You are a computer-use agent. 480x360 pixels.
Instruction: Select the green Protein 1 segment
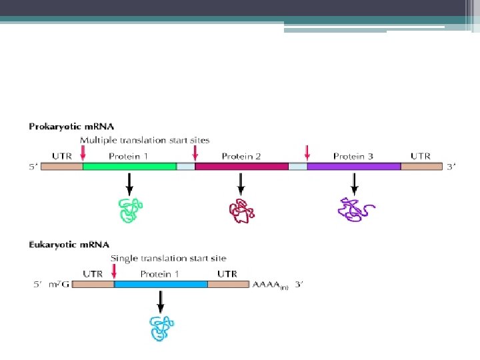[x=129, y=167]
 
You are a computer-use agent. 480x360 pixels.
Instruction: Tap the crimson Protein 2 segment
[x=241, y=167]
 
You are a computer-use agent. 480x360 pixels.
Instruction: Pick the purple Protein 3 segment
[x=353, y=167]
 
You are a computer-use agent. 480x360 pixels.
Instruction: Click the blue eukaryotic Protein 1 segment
[x=161, y=284]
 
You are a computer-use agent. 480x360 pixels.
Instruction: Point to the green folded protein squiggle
[x=130, y=210]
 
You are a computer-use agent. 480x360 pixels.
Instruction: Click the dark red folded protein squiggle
[x=242, y=211]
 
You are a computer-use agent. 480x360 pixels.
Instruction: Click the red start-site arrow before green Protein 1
[x=83, y=154]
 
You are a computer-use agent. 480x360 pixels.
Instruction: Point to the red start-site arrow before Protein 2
[x=195, y=154]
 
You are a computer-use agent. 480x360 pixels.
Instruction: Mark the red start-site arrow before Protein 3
[x=307, y=154]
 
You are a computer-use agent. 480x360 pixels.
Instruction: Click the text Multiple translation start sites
[x=145, y=140]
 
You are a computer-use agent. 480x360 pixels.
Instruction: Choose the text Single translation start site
[x=168, y=258]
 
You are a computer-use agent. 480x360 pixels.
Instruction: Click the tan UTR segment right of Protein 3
[x=421, y=167]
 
